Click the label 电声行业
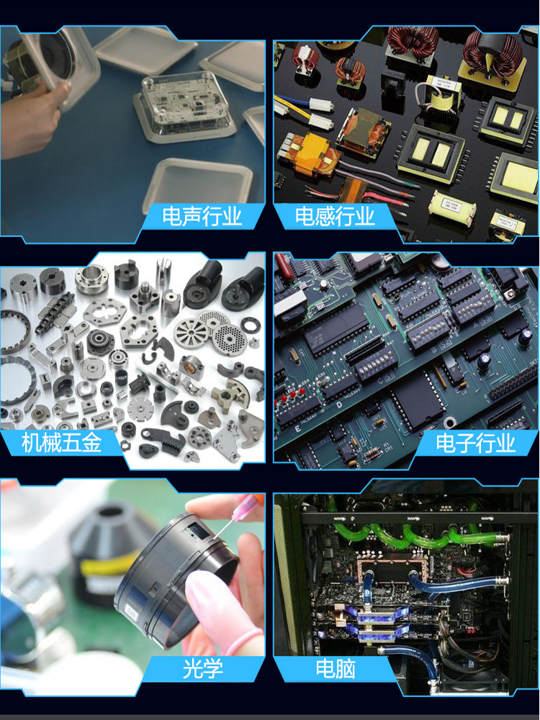202,216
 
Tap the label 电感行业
335,216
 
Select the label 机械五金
61,443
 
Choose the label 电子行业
476,443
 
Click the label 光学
202,668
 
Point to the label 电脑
336,668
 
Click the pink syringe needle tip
216,536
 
